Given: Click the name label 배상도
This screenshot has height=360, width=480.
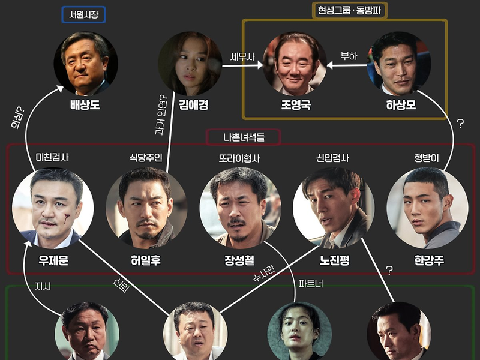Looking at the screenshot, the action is (x=85, y=105).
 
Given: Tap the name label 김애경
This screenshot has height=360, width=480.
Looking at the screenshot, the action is (x=193, y=105).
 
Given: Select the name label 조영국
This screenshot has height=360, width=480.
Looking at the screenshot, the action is (x=296, y=105).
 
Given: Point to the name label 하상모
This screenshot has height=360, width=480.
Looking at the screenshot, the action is (x=401, y=105).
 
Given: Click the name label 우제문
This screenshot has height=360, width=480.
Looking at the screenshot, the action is (x=53, y=260).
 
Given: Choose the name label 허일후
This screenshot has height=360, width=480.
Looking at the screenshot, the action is (x=146, y=260).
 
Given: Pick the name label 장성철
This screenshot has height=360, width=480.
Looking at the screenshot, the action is (x=239, y=260).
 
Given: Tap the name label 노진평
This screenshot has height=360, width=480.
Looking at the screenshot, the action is (x=335, y=260).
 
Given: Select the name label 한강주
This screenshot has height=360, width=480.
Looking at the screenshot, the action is (x=429, y=260).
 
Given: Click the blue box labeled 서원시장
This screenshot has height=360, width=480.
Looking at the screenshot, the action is (x=83, y=14).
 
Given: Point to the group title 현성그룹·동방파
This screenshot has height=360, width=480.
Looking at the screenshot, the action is (x=349, y=10).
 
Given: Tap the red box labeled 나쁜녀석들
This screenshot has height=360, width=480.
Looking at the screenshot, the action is (x=244, y=137).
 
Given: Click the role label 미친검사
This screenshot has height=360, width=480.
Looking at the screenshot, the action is (x=52, y=157).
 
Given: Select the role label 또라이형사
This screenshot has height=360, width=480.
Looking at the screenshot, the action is (x=239, y=158).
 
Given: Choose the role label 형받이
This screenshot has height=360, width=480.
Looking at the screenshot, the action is (x=427, y=158).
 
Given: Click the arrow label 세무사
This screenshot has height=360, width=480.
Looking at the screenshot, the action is (x=242, y=56).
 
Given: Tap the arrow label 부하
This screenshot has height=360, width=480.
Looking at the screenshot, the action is (x=349, y=56).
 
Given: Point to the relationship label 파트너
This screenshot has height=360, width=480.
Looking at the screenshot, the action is (x=311, y=284).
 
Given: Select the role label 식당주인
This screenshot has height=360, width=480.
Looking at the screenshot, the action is (x=146, y=157).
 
